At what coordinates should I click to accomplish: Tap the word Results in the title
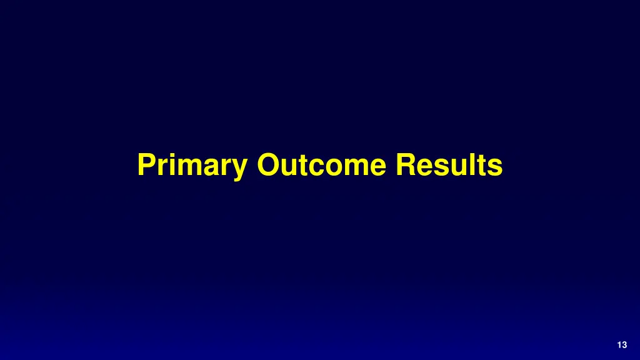point(449,166)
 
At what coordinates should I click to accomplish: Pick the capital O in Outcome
point(267,166)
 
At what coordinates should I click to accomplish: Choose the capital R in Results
point(405,166)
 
